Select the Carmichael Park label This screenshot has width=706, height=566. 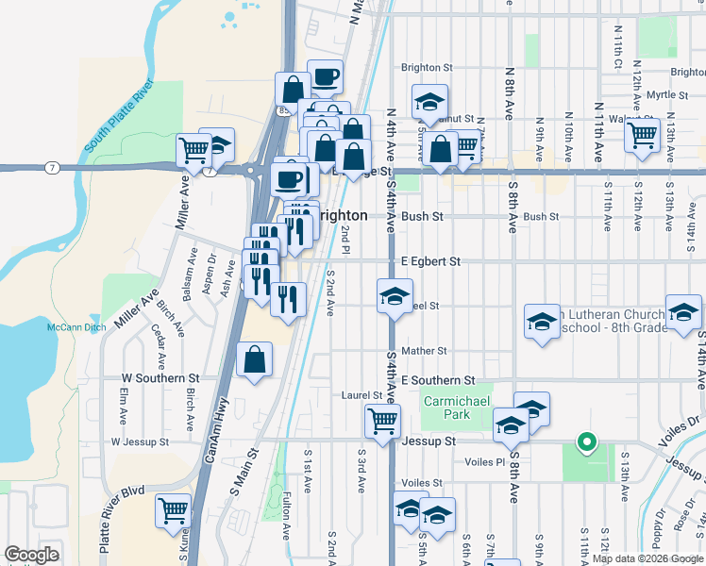[x=446, y=408]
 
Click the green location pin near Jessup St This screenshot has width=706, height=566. [x=586, y=441]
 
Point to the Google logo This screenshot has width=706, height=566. [x=32, y=555]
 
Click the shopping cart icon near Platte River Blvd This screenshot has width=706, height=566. [x=175, y=510]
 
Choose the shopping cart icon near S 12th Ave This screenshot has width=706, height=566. [x=642, y=135]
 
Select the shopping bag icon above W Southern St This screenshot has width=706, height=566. [x=255, y=359]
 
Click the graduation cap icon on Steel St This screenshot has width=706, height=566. [x=395, y=296]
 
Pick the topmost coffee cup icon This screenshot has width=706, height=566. [x=325, y=77]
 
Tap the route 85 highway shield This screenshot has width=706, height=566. [x=283, y=111]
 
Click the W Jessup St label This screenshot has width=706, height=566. [x=139, y=441]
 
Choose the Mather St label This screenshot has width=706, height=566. [x=423, y=351]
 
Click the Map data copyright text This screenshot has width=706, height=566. [x=647, y=558]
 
